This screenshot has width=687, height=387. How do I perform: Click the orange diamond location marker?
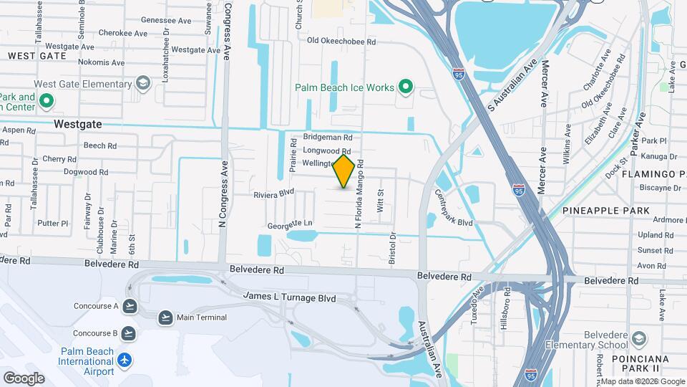344,172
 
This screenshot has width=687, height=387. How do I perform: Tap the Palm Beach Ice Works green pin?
406,87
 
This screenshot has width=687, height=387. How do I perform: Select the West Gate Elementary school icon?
143,83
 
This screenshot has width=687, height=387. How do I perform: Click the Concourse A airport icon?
130,306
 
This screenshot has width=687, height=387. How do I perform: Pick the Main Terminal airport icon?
165,317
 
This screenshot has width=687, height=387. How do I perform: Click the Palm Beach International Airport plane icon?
125,359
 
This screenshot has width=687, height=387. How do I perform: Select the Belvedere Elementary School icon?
639,338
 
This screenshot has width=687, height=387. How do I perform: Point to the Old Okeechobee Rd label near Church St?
341,42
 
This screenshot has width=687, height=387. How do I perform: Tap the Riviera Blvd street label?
274,194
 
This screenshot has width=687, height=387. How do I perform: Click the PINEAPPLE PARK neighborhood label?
605,211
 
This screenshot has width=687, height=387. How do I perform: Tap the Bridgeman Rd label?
328,137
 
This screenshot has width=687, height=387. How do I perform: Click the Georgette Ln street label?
290,224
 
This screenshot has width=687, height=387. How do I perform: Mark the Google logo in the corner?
24,378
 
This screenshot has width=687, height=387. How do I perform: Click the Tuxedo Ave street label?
479,305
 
